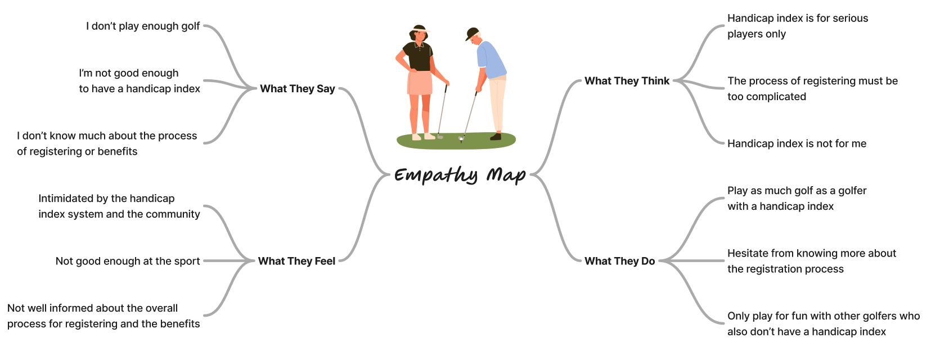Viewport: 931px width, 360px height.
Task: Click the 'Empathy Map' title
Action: click(x=460, y=175)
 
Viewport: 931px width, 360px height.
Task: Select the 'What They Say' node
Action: click(x=297, y=89)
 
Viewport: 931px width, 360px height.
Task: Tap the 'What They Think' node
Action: click(x=627, y=81)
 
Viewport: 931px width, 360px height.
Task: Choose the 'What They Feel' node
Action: click(x=296, y=261)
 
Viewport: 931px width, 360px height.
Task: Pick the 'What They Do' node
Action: click(x=619, y=261)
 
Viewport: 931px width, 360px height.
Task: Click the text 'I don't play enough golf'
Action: click(x=143, y=26)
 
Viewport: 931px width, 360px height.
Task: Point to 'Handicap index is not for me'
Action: click(x=797, y=144)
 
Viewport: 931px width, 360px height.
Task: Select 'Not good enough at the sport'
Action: click(x=128, y=261)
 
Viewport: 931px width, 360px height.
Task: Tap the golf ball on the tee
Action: click(x=461, y=138)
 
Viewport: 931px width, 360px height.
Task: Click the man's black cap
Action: click(x=472, y=33)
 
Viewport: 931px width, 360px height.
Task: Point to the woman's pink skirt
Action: click(x=420, y=83)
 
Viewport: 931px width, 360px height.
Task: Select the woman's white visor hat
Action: click(x=420, y=29)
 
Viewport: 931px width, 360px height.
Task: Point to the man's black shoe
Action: click(x=496, y=137)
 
